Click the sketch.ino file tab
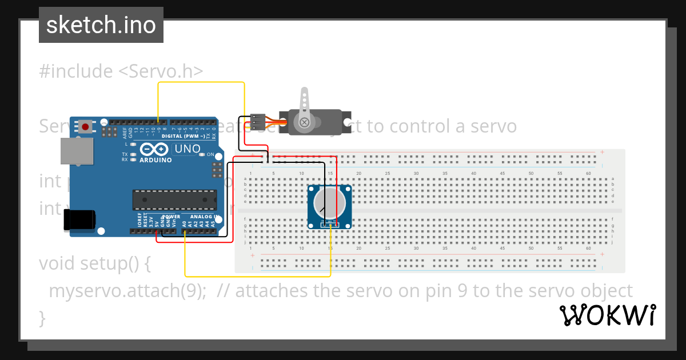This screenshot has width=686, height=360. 101,25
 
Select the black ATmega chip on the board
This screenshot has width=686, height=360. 174,199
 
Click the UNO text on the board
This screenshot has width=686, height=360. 187,149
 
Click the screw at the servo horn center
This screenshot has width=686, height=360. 304,122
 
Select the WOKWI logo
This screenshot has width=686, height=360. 607,315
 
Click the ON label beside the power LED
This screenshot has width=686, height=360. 210,155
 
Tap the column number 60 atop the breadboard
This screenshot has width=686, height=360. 588,173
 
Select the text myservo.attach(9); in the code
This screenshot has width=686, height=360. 127,291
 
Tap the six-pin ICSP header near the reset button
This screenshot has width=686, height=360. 106,132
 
